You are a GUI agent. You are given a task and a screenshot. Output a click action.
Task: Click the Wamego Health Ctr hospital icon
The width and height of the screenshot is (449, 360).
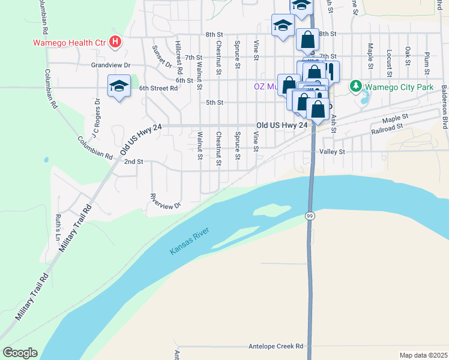116,43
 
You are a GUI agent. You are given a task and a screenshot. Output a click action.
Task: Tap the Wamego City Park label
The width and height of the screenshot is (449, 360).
399,86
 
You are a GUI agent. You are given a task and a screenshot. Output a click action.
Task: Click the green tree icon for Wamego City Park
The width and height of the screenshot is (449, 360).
356,86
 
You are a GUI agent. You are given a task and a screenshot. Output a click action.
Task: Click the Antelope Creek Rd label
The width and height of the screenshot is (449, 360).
276,346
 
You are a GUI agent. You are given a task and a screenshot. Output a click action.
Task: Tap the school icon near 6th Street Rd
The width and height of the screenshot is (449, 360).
119,85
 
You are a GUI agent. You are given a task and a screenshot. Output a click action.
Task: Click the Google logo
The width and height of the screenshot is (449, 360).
20,353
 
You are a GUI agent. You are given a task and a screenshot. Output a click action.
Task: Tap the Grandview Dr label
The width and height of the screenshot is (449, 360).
110,64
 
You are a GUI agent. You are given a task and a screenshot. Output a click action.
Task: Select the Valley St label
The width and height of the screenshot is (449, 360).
333,152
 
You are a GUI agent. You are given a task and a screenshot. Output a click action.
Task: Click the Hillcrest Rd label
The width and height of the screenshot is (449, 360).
179,58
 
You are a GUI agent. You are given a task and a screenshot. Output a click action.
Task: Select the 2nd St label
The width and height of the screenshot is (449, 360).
133,161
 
